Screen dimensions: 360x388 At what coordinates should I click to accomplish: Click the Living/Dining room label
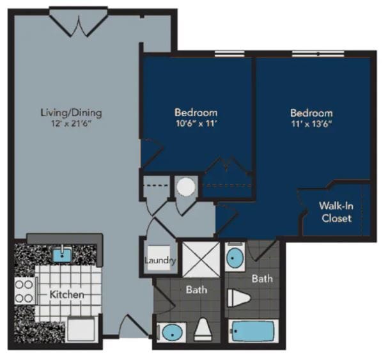pos(71,113)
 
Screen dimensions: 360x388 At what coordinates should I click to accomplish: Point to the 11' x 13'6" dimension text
pos(311,124)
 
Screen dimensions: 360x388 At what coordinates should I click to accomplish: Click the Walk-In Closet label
pos(336,212)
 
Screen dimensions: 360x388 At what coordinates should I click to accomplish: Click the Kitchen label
pos(67,295)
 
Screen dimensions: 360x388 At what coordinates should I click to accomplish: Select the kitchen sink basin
pos(61,255)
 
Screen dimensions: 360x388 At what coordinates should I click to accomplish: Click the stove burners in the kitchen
pos(24,292)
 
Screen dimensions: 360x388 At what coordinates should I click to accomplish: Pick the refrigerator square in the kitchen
pos(81,329)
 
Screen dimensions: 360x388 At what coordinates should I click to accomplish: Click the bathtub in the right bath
pos(254,331)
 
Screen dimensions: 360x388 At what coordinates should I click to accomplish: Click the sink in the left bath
pos(171,333)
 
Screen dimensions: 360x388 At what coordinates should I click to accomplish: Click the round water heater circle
pos(185,187)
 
